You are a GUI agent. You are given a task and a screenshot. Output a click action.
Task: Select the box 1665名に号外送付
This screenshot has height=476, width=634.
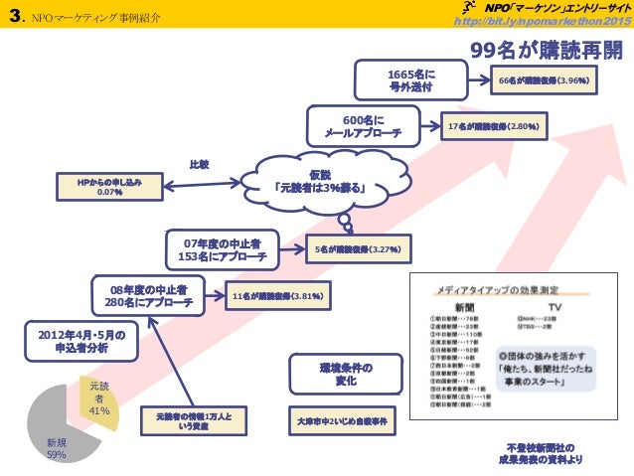[411, 80]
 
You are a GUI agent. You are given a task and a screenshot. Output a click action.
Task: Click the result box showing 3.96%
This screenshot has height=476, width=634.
[546, 81]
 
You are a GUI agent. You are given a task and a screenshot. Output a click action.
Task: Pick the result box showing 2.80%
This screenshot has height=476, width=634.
[492, 127]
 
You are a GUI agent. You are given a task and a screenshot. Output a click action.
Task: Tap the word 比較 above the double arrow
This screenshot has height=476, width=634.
[199, 164]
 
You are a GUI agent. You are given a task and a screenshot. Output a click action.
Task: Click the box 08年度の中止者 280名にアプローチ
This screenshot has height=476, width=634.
[148, 295]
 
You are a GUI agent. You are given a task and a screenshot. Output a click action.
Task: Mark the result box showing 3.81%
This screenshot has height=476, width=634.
[277, 295]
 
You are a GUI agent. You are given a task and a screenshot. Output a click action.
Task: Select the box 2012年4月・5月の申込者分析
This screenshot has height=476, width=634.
[76, 342]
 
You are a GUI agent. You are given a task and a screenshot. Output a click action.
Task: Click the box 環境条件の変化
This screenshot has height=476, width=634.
[340, 375]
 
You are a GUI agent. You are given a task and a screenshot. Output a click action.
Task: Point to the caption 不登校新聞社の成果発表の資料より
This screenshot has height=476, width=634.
[543, 453]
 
